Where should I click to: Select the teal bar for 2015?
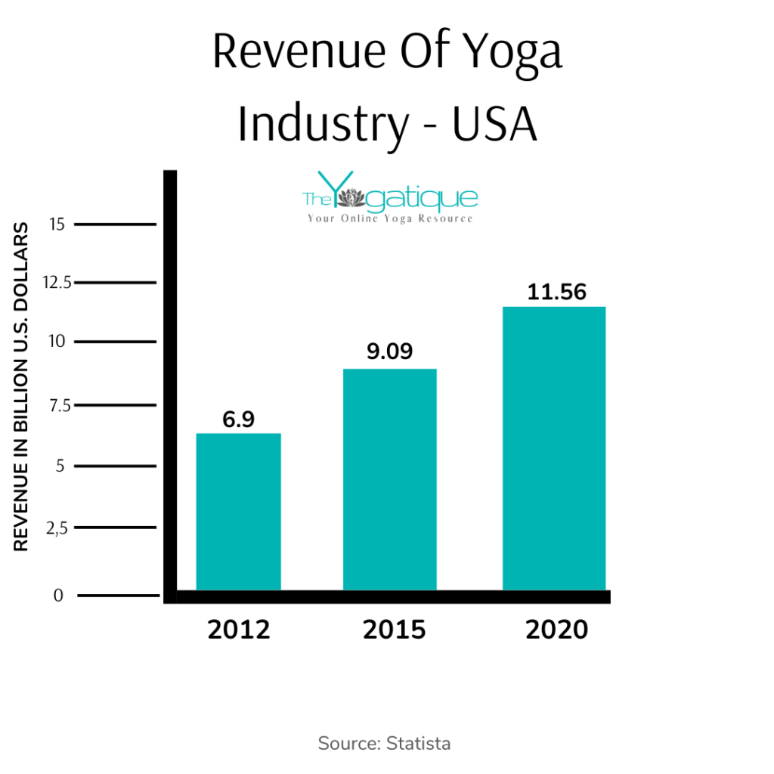point(389,479)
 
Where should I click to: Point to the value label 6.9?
point(238,420)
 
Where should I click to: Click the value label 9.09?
point(389,352)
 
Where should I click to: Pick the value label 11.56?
point(557,292)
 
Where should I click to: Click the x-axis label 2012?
point(238,629)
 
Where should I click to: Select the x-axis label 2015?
point(395,629)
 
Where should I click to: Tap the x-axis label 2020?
point(556,629)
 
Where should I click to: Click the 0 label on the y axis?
point(58,596)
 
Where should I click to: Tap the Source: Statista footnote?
point(384,743)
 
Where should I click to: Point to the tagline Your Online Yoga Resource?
point(389,218)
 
